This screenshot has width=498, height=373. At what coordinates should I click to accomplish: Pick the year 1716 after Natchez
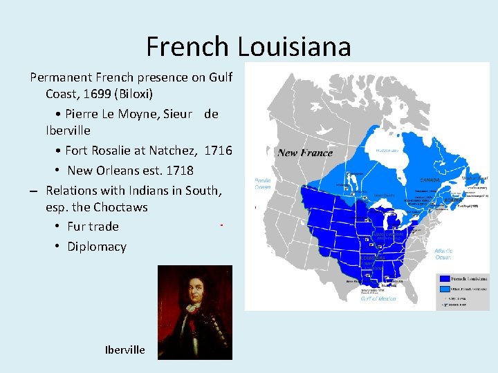coord(219,151)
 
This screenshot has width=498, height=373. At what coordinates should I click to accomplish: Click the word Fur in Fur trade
coord(75,227)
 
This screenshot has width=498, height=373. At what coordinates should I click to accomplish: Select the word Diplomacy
coord(97,247)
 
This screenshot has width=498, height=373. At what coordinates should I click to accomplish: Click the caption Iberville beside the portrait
coord(124,350)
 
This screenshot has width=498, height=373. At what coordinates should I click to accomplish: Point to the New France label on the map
coord(305,153)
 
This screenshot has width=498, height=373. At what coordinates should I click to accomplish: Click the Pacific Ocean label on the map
coord(263,183)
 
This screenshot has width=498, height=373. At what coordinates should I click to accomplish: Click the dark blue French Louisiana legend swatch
coord(443,279)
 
